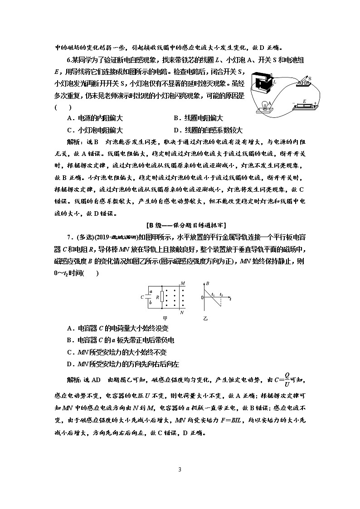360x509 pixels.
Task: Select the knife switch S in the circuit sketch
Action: pyautogui.click(x=304, y=81)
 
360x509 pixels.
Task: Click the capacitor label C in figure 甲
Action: pyautogui.click(x=142, y=298)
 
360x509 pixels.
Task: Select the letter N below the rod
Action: pyautogui.click(x=182, y=312)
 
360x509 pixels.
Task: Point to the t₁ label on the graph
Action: pyautogui.click(x=212, y=295)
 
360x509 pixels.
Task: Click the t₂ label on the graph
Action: pyautogui.click(x=221, y=295)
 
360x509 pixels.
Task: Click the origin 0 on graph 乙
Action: pyautogui.click(x=203, y=298)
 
